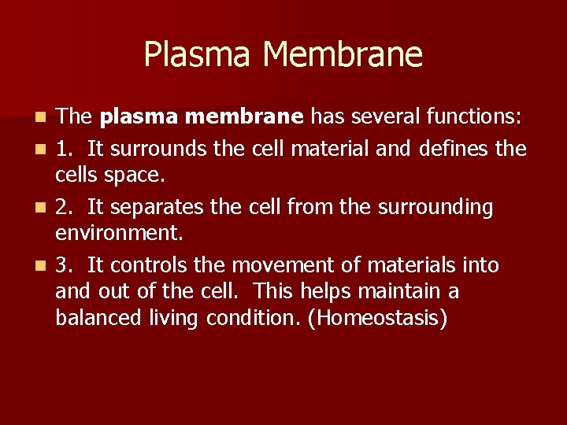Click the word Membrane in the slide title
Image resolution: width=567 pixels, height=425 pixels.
pos(343,55)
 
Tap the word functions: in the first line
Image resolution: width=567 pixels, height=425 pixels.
pos(473,117)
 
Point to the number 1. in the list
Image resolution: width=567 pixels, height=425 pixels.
pos(66,147)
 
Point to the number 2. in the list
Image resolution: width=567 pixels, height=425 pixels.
pos(66,207)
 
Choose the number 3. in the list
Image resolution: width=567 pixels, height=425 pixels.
pos(66,265)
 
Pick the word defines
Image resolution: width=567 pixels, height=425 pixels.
pos(447,147)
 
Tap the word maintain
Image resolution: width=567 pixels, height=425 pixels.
pos(399,292)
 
